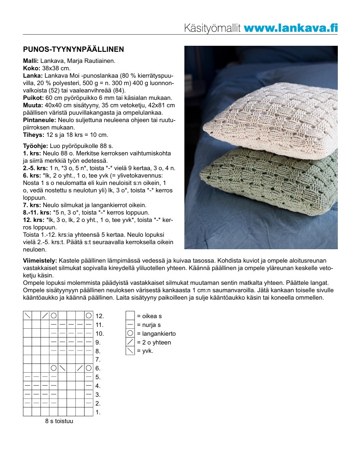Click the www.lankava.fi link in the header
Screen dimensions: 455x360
point(290,28)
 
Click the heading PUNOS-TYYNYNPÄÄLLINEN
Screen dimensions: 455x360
point(73,49)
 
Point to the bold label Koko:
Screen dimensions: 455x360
point(31,68)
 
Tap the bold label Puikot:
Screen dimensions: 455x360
point(33,98)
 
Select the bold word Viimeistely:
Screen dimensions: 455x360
point(40,261)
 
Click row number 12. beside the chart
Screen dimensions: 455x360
point(99,316)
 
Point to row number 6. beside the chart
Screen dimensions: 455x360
point(98,369)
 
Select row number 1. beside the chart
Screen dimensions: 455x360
point(98,412)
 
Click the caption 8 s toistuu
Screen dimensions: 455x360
point(59,422)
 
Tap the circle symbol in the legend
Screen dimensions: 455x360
point(130,333)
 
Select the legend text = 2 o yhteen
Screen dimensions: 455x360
point(154,342)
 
